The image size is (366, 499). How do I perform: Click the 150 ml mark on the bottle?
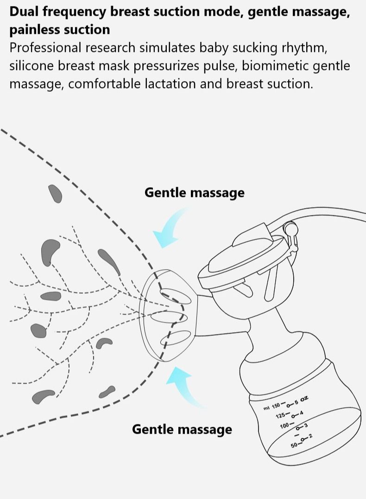276,406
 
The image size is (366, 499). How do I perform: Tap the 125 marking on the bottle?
280,415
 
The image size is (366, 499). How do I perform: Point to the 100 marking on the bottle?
284,426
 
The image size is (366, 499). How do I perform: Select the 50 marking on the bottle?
294,445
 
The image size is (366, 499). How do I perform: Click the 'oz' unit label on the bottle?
304,398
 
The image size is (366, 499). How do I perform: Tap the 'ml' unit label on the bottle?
266,408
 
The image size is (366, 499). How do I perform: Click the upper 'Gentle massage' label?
195,193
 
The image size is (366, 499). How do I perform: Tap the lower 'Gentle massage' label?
182,430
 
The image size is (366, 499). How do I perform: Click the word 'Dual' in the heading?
24,11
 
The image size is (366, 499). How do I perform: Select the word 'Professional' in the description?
45,48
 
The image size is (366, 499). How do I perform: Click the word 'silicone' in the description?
32,66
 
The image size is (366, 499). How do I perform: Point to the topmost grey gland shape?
55,193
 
